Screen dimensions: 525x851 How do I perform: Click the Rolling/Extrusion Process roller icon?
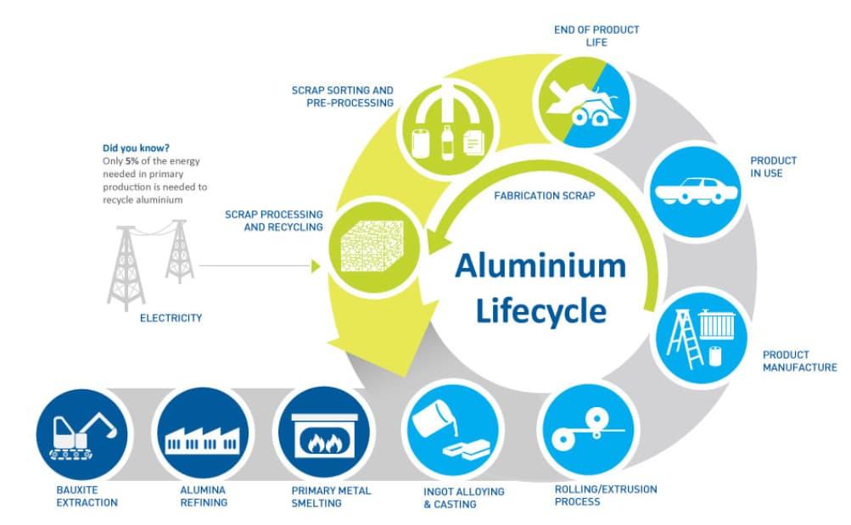[586, 431]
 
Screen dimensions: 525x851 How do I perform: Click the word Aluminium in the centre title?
[540, 266]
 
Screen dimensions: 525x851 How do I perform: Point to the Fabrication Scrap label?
[544, 195]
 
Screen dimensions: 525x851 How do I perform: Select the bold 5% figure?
[132, 161]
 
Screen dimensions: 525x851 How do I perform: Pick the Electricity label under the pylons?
[171, 318]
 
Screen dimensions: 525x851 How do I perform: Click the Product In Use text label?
[773, 167]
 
